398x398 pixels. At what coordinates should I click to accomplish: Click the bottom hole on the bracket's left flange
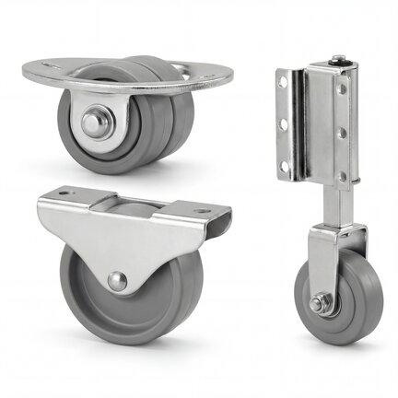pos(283,158)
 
